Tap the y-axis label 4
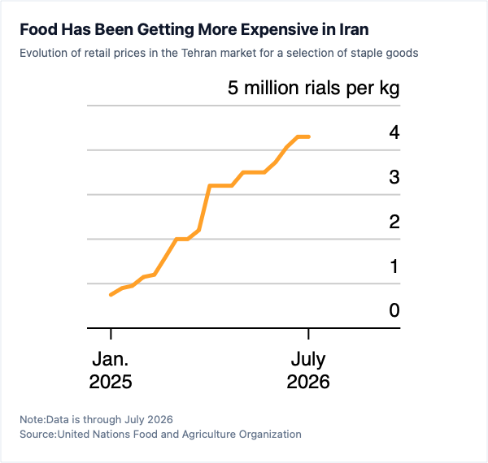[x=394, y=132]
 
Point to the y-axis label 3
[x=394, y=177]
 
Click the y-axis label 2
[x=394, y=223]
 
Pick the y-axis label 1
[x=394, y=266]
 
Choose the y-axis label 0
[x=394, y=310]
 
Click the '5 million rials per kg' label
[x=314, y=89]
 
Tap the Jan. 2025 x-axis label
[x=111, y=370]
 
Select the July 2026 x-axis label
[x=308, y=370]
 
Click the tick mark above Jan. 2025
[x=111, y=334]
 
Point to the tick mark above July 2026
[x=308, y=334]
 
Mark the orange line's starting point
[x=111, y=295]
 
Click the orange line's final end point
[x=309, y=136]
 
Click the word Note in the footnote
[x=33, y=419]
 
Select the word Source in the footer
[x=37, y=434]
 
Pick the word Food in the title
[x=38, y=29]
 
